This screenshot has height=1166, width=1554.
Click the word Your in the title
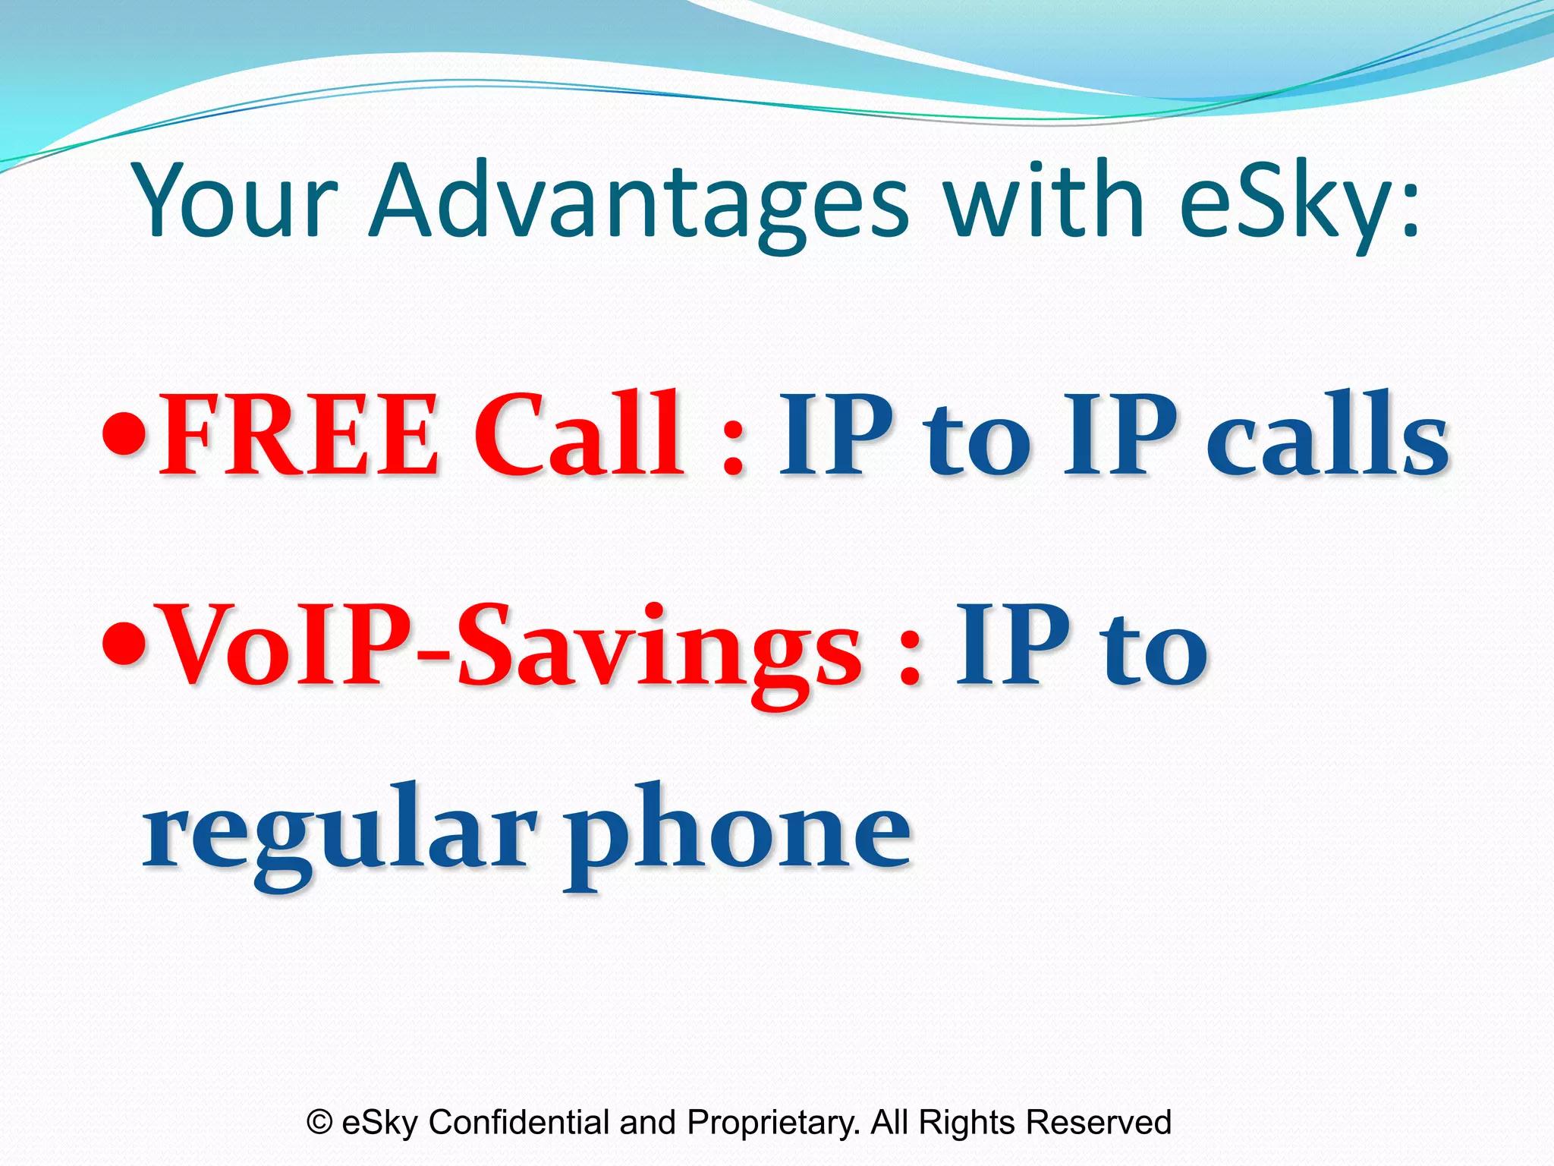pos(235,201)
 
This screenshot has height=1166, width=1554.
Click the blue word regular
pos(338,831)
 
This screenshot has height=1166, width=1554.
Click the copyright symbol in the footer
pos(319,1122)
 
